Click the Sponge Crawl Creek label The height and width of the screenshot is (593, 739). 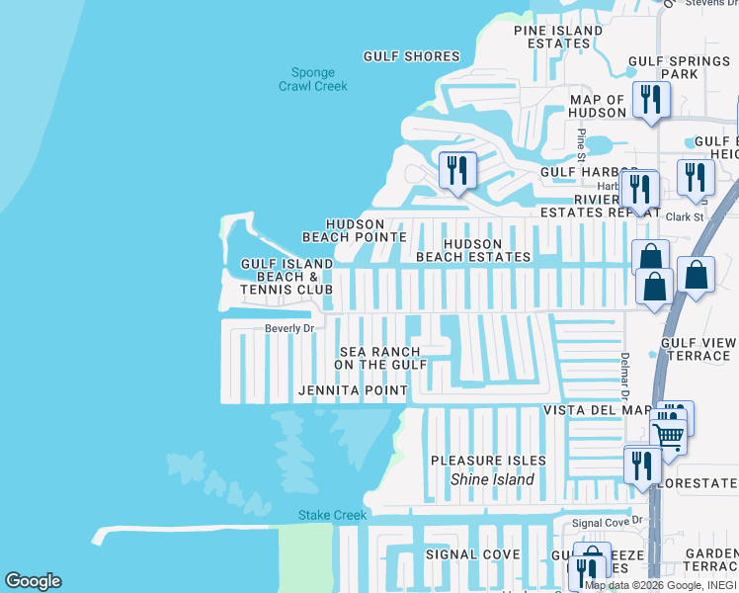[313, 79]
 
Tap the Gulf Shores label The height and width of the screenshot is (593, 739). [412, 56]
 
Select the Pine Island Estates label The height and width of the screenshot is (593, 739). [558, 37]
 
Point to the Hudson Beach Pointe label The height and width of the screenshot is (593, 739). [354, 230]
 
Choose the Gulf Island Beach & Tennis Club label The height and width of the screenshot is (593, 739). [287, 277]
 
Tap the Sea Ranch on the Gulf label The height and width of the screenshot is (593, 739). [379, 358]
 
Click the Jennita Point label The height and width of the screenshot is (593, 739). [353, 390]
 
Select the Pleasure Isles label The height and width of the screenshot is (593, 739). [488, 461]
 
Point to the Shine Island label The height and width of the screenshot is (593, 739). [492, 479]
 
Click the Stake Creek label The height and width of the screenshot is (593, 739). [332, 515]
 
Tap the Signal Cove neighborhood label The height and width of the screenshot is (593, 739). [472, 554]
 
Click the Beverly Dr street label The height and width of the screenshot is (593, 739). [288, 328]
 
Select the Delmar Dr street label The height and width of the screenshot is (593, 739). [624, 377]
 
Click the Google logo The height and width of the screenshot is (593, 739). [33, 581]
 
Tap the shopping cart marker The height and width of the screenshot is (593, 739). [670, 435]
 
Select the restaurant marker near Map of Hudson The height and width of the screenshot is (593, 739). [650, 100]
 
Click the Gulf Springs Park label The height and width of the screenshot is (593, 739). [678, 67]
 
